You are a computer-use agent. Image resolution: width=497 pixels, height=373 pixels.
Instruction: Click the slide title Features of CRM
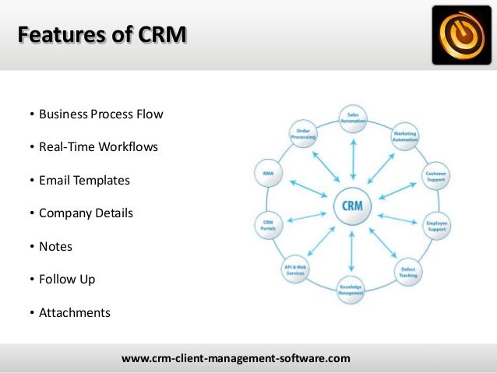(x=102, y=36)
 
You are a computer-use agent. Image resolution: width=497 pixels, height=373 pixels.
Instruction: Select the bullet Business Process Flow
(x=101, y=114)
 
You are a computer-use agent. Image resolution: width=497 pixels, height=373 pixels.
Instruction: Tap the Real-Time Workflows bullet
(x=98, y=146)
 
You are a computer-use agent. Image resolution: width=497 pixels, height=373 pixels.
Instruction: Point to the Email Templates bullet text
(x=85, y=180)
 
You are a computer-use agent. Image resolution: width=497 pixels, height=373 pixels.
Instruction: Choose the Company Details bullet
(x=86, y=213)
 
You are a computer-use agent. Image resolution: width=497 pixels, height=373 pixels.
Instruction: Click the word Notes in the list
(x=56, y=246)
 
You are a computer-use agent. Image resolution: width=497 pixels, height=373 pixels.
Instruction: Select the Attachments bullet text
(x=76, y=313)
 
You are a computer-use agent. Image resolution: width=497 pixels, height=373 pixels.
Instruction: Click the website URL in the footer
(x=236, y=358)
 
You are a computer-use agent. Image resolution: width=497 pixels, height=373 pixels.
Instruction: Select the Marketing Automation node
(x=405, y=136)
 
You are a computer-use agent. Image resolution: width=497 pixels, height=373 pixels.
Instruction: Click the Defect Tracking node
(x=408, y=272)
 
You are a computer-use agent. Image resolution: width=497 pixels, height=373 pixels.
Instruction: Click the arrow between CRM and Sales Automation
(x=353, y=162)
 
